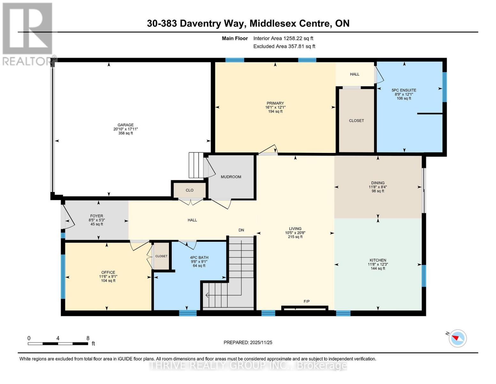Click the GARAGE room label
coord(126,125)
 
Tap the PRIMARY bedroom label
coord(275,103)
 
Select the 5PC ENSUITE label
coord(404,90)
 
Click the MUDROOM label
coord(231,177)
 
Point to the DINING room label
coord(378,183)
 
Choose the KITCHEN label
coord(378,260)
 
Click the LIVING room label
coord(295,229)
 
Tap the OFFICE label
coord(108,273)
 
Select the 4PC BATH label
coord(199,258)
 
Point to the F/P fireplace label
coord(306,301)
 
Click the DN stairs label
coord(241,230)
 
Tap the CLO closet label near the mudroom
coord(189,190)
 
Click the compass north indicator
coord(457,338)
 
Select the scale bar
coord(58,344)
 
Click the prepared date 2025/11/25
coord(248,342)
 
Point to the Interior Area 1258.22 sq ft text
coord(283,38)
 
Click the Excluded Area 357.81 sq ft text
coord(284,46)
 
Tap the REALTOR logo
coord(28,34)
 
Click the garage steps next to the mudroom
coord(196,165)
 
